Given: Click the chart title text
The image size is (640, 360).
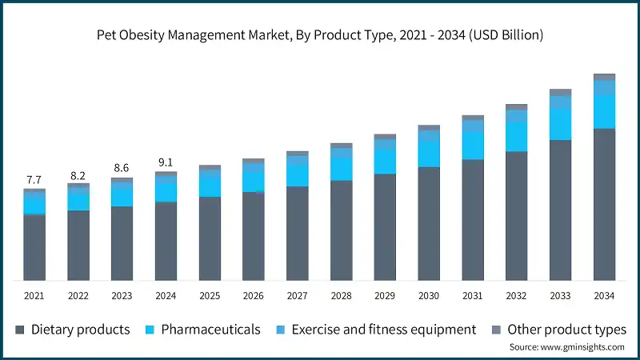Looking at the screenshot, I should click(320, 34).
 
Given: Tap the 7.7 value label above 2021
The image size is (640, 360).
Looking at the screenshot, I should click(34, 178).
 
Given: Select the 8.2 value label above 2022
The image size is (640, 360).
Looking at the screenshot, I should click(78, 174).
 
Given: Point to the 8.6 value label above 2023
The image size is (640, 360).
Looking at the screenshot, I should click(122, 168).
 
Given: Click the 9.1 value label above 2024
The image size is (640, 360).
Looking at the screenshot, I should click(166, 161).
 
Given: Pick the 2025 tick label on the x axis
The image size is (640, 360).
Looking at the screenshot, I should click(210, 296).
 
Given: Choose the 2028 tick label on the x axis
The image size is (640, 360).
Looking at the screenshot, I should click(342, 296).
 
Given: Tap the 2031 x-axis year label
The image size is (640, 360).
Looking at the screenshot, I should click(473, 296).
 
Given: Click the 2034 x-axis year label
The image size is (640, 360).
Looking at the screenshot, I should click(604, 296).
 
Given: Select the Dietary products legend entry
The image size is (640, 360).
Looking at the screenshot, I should click(72, 330).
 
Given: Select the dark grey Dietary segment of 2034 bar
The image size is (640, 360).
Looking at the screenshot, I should click(604, 204).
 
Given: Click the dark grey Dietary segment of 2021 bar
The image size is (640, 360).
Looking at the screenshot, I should click(34, 248).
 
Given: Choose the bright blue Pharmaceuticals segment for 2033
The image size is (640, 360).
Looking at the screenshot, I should click(560, 124).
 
